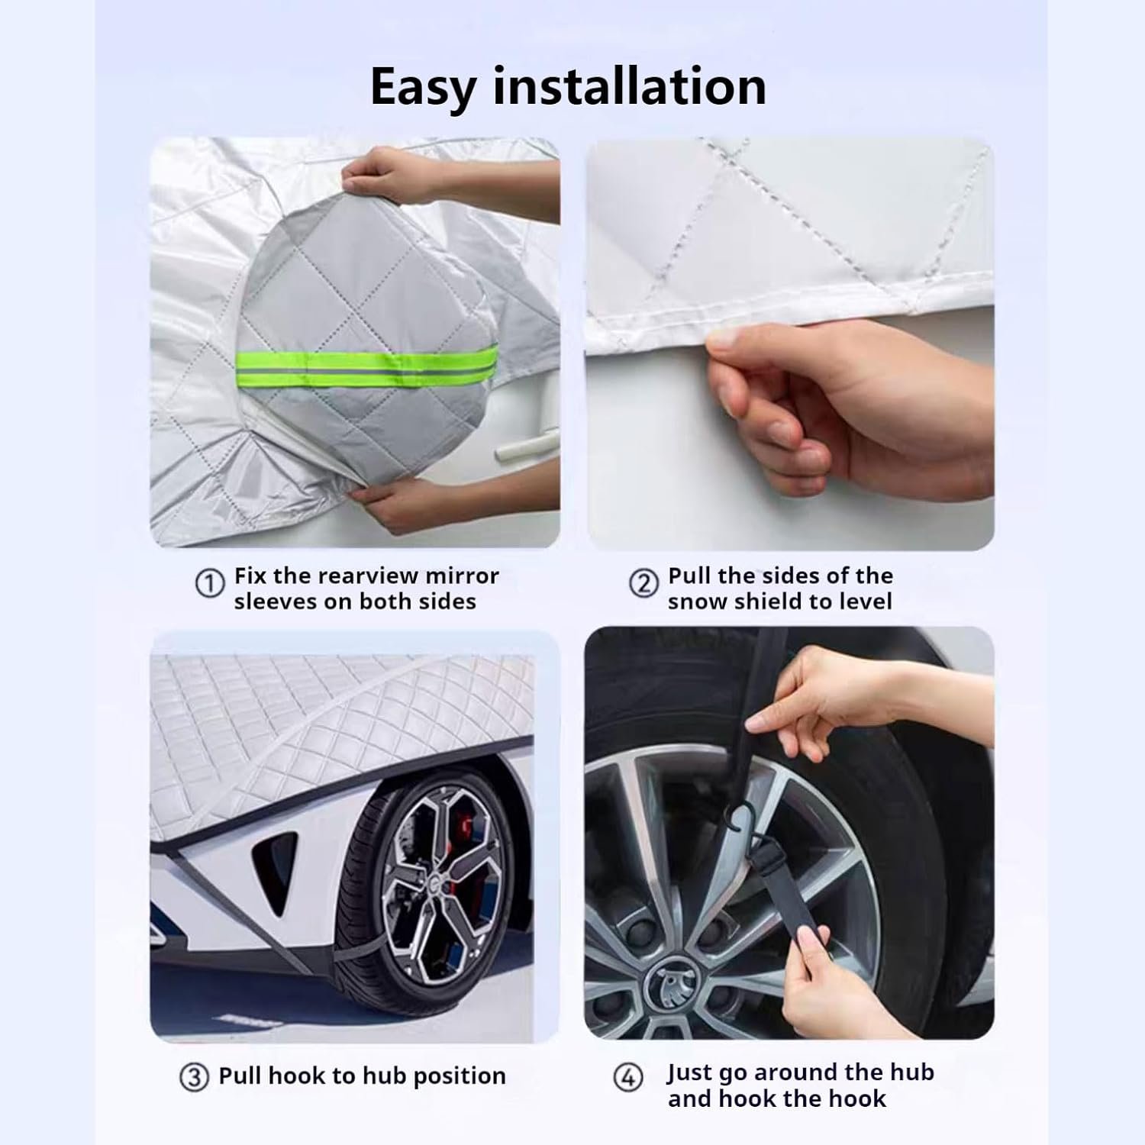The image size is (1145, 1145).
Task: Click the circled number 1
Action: pyautogui.click(x=210, y=584)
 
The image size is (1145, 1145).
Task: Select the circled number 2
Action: pyautogui.click(x=643, y=584)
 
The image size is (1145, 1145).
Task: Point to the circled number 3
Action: pyautogui.click(x=194, y=1077)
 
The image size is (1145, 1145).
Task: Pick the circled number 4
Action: pyautogui.click(x=628, y=1079)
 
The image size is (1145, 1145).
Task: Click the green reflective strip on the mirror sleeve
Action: pyautogui.click(x=368, y=363)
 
